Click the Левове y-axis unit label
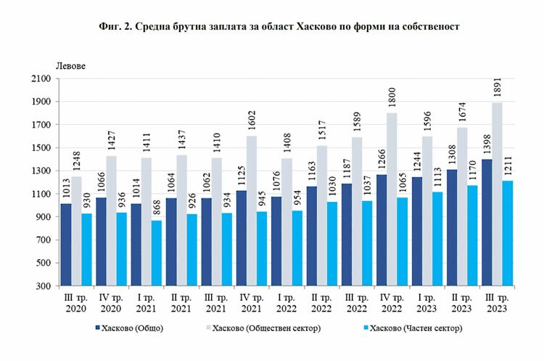pyautogui.click(x=69, y=66)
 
